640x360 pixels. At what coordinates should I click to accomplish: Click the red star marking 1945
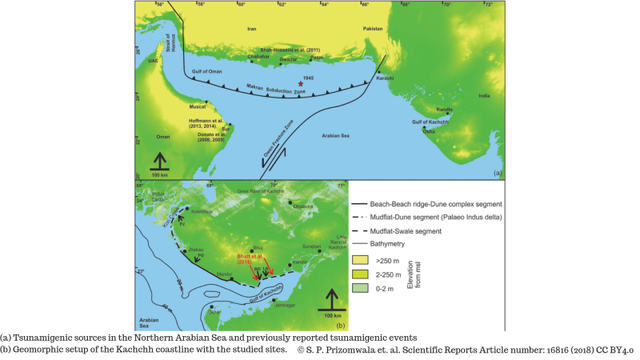(x=301, y=82)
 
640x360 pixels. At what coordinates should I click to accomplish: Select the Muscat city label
(x=197, y=106)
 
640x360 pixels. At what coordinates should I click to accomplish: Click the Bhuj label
(x=258, y=248)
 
